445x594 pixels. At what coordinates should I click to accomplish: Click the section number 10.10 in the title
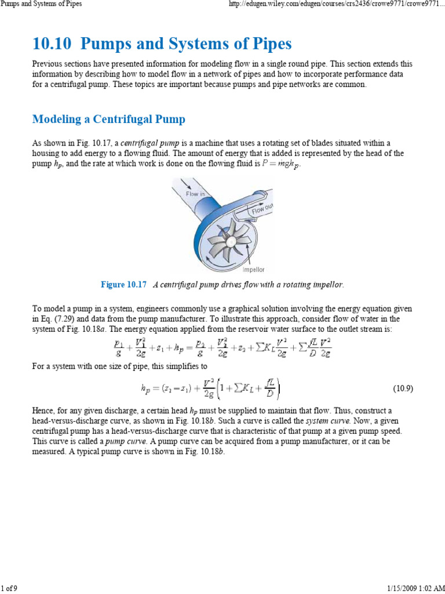(x=51, y=44)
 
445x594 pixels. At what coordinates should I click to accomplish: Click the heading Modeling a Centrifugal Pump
(x=109, y=119)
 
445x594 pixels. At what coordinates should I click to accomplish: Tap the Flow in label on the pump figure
(x=195, y=194)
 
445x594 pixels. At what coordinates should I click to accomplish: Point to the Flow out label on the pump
(x=262, y=209)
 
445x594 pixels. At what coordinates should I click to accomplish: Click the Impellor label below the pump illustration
(x=253, y=269)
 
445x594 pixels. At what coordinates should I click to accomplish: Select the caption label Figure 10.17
(x=124, y=285)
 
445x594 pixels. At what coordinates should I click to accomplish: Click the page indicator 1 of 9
(x=9, y=589)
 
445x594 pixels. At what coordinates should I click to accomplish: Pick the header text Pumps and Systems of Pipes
(x=41, y=4)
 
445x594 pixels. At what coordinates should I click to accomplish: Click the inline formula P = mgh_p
(x=282, y=164)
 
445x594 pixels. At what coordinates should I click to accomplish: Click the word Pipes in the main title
(x=270, y=44)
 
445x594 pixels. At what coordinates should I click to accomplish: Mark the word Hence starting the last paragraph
(x=44, y=410)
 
